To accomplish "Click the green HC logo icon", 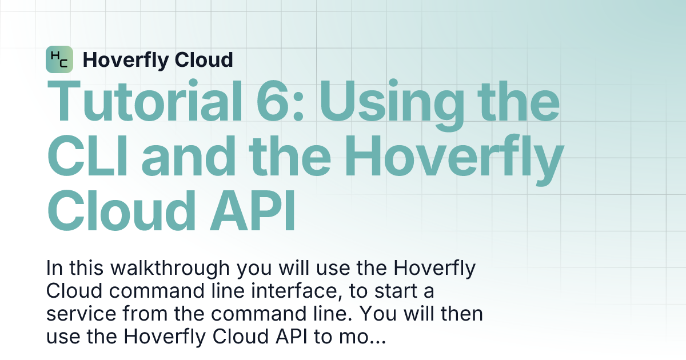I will (x=59, y=59).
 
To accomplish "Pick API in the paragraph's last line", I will (x=289, y=338).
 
